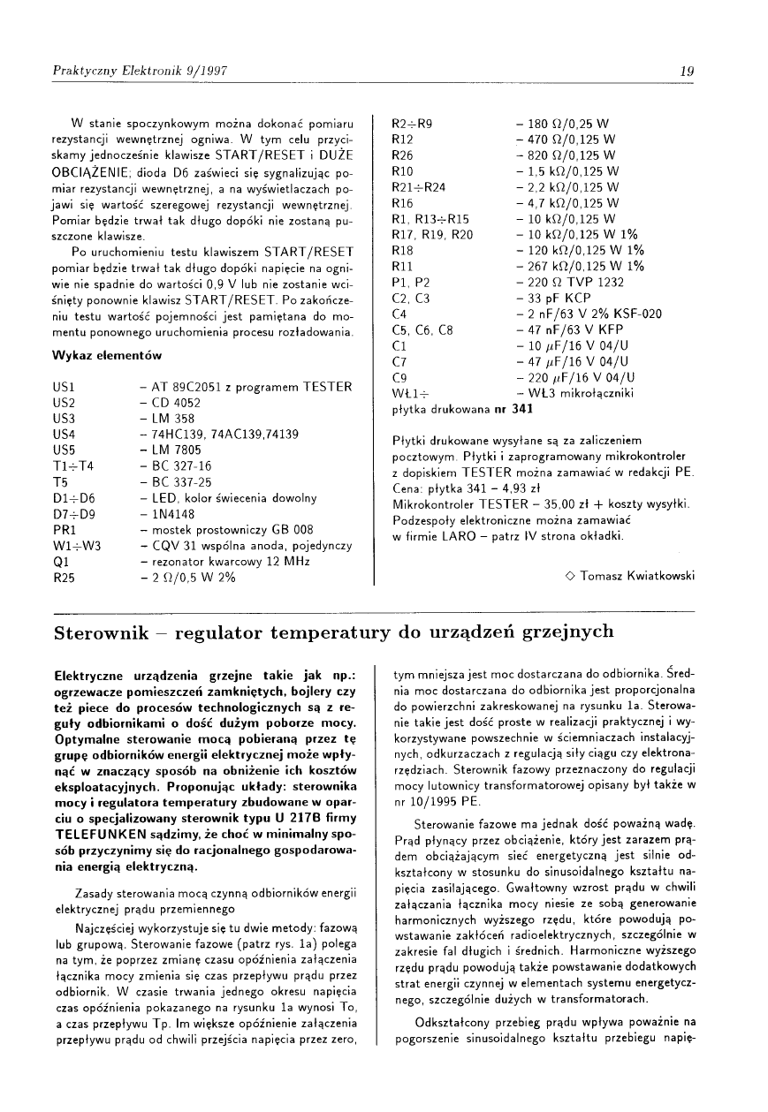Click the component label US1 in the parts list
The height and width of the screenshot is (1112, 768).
pos(64,387)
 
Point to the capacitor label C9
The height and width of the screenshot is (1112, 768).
pos(399,377)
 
